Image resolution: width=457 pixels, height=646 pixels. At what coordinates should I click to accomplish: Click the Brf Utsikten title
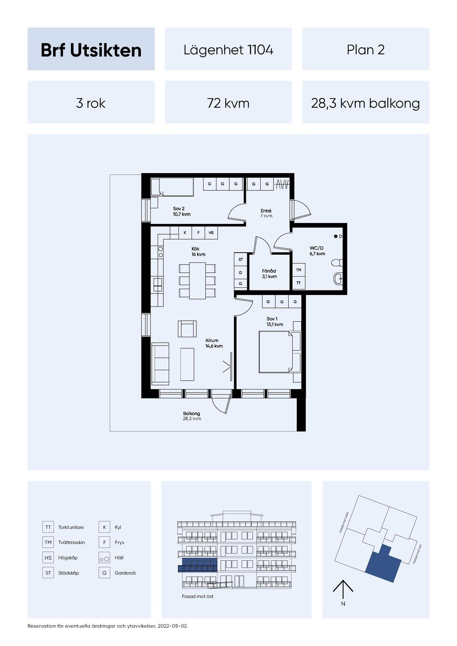[x=91, y=50]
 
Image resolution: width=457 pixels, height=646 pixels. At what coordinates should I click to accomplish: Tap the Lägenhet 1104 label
[x=228, y=50]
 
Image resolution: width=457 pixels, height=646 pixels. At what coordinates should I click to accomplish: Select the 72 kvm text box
[x=228, y=103]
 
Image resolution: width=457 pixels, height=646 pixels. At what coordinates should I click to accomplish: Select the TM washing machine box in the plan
[x=299, y=270]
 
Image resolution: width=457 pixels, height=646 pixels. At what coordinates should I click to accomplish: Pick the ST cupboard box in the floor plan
[x=241, y=260]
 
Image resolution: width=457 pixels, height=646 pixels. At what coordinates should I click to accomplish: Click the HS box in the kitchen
[x=211, y=233]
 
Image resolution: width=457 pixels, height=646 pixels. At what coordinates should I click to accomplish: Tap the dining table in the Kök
[x=197, y=281]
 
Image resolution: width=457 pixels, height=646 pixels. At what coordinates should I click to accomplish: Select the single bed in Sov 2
[x=172, y=187]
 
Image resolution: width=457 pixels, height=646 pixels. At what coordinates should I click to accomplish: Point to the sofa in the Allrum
[x=160, y=364]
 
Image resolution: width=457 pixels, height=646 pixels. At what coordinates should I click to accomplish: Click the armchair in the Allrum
[x=187, y=328]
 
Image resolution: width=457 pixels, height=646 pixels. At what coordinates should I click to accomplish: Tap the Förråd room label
[x=269, y=273]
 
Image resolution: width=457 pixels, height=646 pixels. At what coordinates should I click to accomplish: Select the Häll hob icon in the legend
[x=104, y=558]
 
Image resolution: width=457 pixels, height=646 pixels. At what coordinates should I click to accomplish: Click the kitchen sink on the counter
[x=158, y=285]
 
